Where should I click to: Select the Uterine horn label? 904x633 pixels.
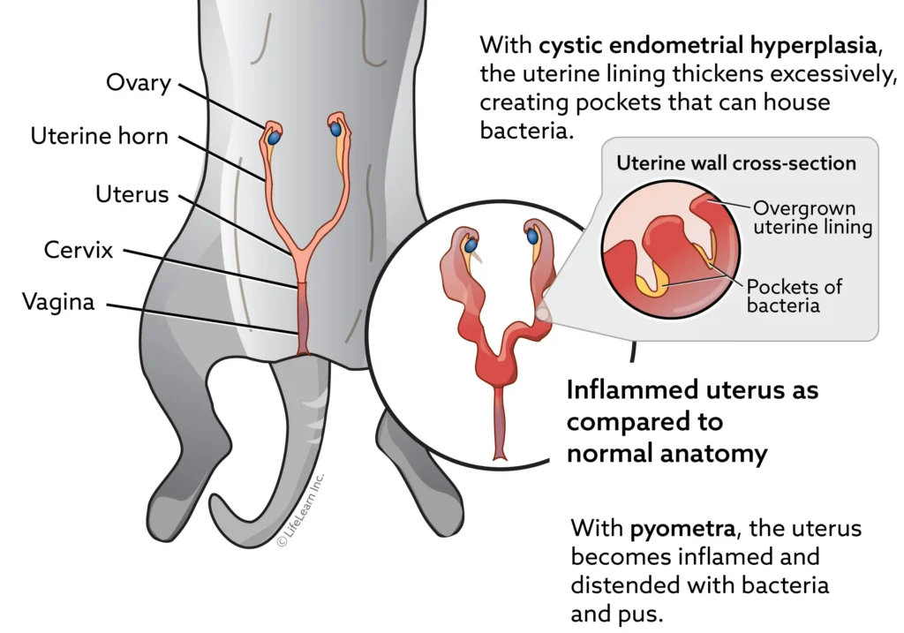tap(99, 137)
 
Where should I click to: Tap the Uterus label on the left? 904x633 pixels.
tap(132, 194)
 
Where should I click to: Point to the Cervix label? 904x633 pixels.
tap(79, 250)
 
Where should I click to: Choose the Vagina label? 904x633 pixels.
tap(58, 302)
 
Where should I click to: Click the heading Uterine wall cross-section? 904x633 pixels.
tap(736, 163)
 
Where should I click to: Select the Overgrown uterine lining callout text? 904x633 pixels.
tap(812, 217)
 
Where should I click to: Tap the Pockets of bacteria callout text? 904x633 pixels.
tap(794, 295)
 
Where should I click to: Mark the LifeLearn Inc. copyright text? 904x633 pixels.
tap(301, 509)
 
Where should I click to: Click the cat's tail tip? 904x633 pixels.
tap(217, 501)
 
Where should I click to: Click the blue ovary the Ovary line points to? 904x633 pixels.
tap(275, 139)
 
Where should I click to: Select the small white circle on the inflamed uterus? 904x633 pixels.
tap(542, 314)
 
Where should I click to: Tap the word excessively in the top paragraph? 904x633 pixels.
tap(834, 75)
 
